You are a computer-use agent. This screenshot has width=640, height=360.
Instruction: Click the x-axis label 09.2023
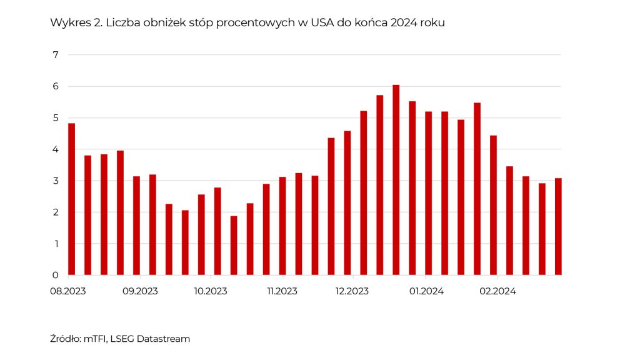(x=139, y=291)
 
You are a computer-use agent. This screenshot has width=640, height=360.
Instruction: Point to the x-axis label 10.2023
(x=211, y=291)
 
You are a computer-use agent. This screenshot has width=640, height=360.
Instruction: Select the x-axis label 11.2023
(x=282, y=291)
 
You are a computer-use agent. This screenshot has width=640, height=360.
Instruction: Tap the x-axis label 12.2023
(x=352, y=291)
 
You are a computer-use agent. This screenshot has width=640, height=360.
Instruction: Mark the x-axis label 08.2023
(x=69, y=291)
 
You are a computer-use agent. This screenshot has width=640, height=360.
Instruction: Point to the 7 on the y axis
(x=56, y=55)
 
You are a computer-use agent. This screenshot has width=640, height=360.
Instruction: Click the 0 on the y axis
(x=56, y=275)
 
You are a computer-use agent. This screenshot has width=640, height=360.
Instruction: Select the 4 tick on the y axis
(x=56, y=149)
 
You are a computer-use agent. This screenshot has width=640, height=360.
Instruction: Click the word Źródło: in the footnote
(x=65, y=339)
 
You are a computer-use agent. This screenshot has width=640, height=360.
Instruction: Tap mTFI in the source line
(x=95, y=339)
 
